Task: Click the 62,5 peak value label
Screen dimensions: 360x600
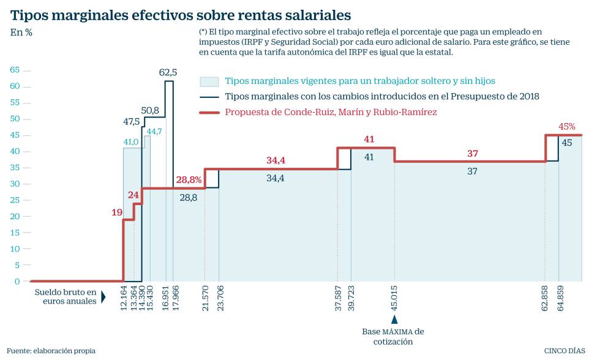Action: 168,72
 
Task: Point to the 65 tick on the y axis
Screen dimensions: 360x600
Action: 15,70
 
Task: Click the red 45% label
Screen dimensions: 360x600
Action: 567,127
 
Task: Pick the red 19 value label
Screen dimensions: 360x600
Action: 117,212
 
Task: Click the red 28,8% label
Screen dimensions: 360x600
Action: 189,179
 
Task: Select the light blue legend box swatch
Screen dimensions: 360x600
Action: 209,81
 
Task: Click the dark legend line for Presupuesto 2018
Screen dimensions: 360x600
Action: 209,97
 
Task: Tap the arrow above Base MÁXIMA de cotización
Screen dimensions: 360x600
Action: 395,319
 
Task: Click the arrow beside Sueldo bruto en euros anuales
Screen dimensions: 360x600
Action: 103,297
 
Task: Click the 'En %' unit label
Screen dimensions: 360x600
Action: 21,32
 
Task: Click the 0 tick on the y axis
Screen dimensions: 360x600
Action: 18,281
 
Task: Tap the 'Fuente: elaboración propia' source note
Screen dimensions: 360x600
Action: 51,351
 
